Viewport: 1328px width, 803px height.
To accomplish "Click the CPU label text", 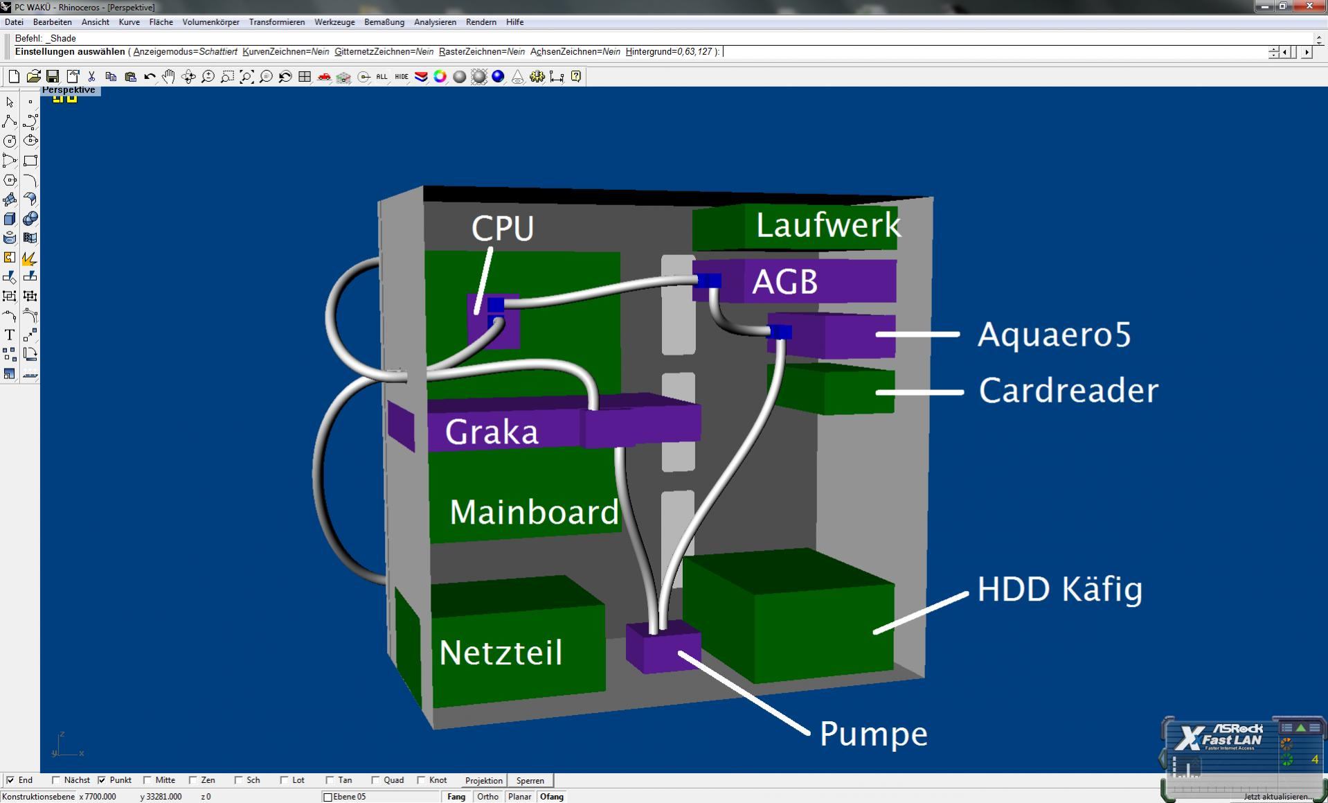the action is [x=503, y=228].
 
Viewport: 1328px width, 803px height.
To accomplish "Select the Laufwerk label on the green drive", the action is [x=828, y=225].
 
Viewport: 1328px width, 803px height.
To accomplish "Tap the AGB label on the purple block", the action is [x=785, y=282].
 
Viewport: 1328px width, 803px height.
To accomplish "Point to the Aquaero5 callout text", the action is [x=1054, y=335].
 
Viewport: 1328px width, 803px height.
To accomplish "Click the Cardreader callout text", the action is [x=1068, y=391].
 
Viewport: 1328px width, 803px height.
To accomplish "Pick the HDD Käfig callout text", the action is [x=1059, y=589].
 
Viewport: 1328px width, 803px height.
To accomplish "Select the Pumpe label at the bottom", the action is [x=873, y=734].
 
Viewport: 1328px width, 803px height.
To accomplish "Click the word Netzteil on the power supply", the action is [x=501, y=653].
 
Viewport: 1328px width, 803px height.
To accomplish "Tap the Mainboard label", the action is [x=535, y=513].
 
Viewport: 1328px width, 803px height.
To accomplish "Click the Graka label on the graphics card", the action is [x=492, y=432].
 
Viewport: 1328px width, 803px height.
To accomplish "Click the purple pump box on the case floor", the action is [x=663, y=647].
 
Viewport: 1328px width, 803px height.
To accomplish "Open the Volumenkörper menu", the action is [x=210, y=22].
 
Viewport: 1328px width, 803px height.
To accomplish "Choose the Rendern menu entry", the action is [x=481, y=22].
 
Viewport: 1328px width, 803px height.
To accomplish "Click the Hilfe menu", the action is [x=514, y=22].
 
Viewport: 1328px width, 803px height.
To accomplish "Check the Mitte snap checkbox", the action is [x=147, y=780].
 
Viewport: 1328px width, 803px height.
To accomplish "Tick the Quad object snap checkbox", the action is [x=375, y=780].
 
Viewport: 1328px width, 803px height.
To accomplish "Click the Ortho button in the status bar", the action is [x=487, y=797].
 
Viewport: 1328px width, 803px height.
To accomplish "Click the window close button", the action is [x=1309, y=6].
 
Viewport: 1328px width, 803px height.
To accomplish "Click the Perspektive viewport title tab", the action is [x=69, y=90].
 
